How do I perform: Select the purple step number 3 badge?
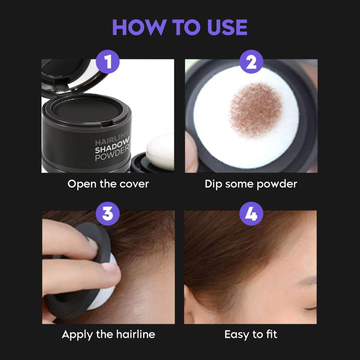(108, 213)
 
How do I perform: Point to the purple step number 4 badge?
(251, 213)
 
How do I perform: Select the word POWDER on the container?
(112, 157)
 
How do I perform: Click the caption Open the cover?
(108, 184)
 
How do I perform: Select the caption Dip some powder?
(251, 184)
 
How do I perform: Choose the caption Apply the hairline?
(108, 334)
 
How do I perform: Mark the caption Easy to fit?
(251, 334)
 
